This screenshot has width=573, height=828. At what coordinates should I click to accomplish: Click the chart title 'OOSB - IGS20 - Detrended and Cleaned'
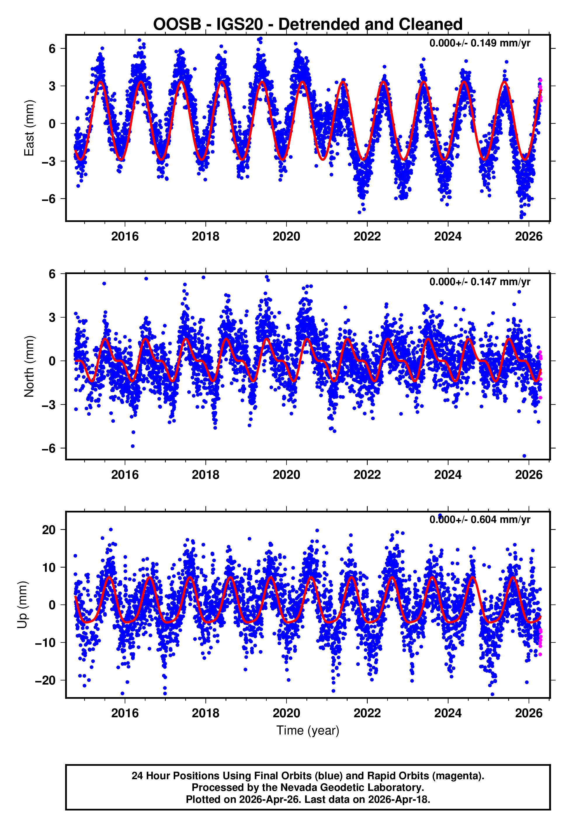click(x=308, y=25)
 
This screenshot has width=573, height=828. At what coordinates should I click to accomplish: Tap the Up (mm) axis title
click(x=22, y=605)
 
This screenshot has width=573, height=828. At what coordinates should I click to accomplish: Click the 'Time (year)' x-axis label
click(x=308, y=730)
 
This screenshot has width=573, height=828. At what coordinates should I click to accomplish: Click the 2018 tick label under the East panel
click(x=205, y=237)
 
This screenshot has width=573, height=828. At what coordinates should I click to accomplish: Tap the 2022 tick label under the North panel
click(x=367, y=475)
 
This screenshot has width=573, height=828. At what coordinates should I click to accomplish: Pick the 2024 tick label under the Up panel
click(x=448, y=713)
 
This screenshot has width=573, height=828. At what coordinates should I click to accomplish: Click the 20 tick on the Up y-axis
click(x=49, y=530)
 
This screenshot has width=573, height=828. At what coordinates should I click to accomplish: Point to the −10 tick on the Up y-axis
click(x=45, y=643)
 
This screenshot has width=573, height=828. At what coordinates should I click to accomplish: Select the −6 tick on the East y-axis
click(x=49, y=199)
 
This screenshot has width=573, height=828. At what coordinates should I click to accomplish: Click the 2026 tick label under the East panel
click(x=529, y=237)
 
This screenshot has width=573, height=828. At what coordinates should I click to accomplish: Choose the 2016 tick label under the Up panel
click(x=125, y=713)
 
